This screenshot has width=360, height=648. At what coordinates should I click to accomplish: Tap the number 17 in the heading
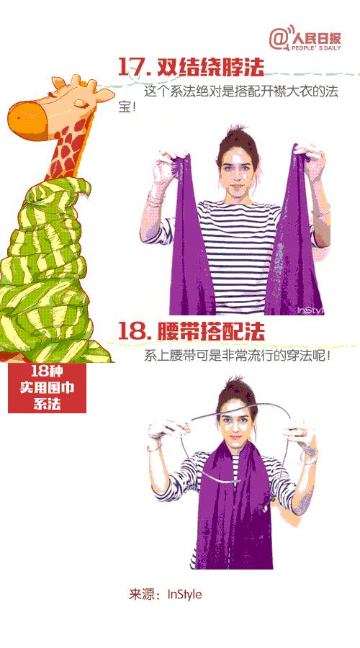pos(132,67)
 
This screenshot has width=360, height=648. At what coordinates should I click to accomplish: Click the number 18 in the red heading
pos(133,331)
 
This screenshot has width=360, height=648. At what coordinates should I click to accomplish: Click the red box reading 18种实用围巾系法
pos(47,388)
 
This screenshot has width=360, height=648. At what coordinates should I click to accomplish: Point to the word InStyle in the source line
pos(185,595)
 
